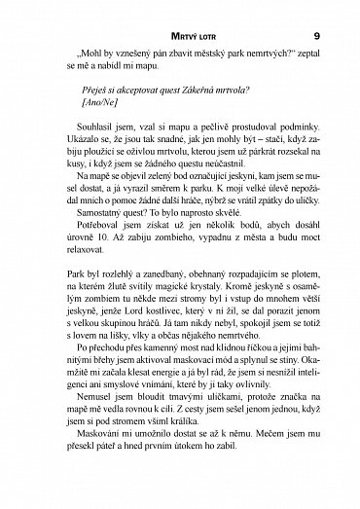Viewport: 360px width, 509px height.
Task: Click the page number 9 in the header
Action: click(331, 11)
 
